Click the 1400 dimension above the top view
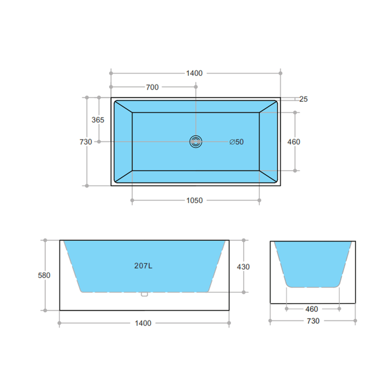pos(194,73)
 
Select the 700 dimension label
pos(152,87)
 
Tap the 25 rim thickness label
pos(304,99)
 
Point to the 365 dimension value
pos(98,120)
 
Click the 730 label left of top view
pos(86,142)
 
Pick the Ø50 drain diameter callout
pos(236,142)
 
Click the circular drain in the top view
pos(196,142)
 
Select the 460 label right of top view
pos(294,142)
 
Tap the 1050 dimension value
pos(194,200)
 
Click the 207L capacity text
pos(143,266)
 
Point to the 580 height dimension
pos(44,276)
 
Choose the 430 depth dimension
pos(243,267)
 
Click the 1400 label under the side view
pos(143,323)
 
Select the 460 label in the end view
pos(311,309)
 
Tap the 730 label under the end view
pos(313,321)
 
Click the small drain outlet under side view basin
pos(144,294)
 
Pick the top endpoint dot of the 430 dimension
pos(244,240)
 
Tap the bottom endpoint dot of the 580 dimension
pos(45,310)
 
